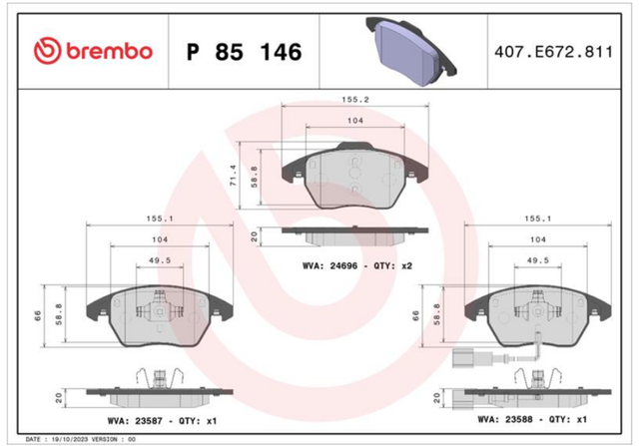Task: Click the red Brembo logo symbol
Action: [47, 51]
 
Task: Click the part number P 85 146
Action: [244, 52]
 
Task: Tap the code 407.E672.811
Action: [553, 52]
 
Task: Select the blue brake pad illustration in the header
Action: [411, 51]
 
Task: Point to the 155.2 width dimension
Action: [355, 100]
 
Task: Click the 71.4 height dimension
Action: [233, 176]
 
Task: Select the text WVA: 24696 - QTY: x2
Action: [357, 266]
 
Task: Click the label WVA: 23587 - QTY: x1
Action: [162, 421]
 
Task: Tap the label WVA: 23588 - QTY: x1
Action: [532, 419]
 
